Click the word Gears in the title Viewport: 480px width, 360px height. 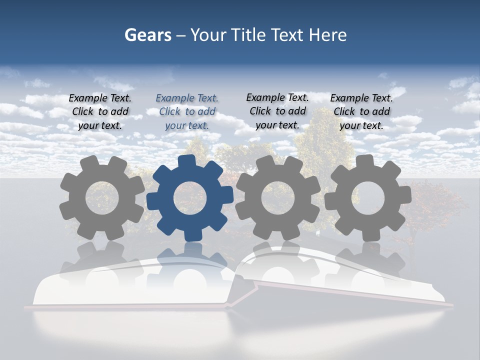click(x=147, y=35)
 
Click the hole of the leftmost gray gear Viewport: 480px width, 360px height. click(x=101, y=198)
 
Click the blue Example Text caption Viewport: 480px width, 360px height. click(x=187, y=111)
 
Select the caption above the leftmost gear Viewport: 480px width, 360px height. click(x=100, y=111)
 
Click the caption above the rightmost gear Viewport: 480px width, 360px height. click(x=361, y=111)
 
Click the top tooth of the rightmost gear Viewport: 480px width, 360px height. click(x=364, y=161)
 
